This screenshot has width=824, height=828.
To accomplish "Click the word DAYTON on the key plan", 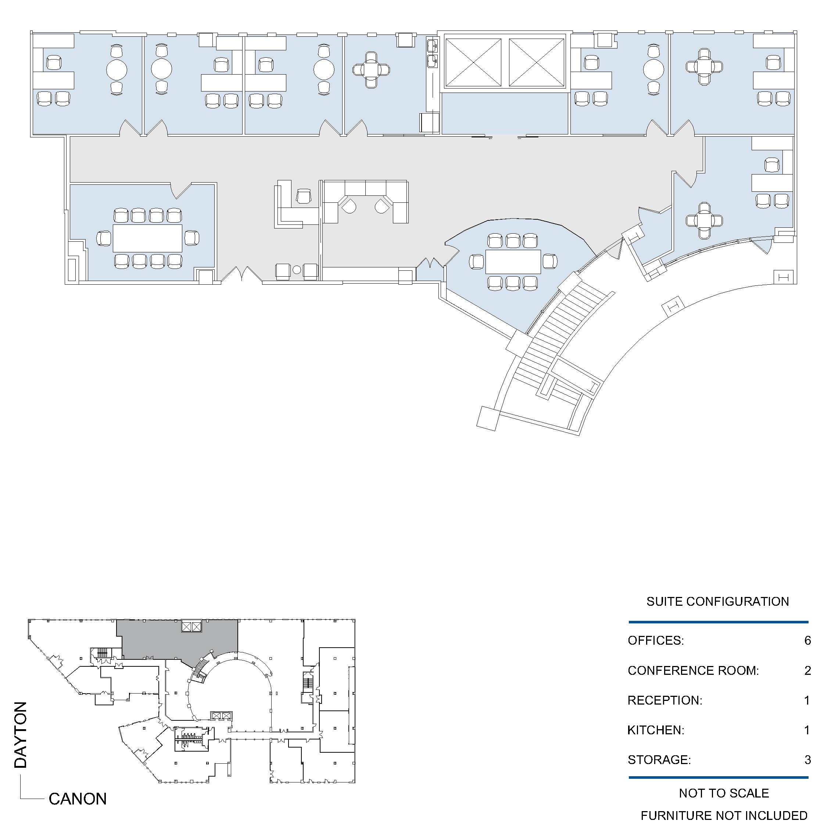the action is (21, 735).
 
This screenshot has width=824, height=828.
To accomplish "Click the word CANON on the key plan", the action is (78, 799).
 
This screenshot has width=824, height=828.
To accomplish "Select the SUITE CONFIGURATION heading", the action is (718, 602).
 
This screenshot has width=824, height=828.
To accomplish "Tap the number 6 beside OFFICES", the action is (808, 641).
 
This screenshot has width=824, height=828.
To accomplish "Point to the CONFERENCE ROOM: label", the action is (693, 671).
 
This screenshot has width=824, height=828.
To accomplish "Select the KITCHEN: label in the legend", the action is (656, 730).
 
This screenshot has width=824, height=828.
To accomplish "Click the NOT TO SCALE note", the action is (724, 793).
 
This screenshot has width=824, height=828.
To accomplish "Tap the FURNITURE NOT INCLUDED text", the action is (724, 816).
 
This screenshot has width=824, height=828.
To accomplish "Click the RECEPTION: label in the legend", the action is (665, 700).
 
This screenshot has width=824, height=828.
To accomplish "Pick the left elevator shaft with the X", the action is (473, 62).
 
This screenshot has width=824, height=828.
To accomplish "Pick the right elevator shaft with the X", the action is (537, 62).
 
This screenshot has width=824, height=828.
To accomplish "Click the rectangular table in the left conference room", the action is (147, 238).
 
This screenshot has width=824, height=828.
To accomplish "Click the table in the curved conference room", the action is (513, 262).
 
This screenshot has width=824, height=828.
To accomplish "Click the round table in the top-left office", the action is (117, 69).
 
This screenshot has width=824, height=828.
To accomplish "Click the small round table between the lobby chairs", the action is (297, 270).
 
